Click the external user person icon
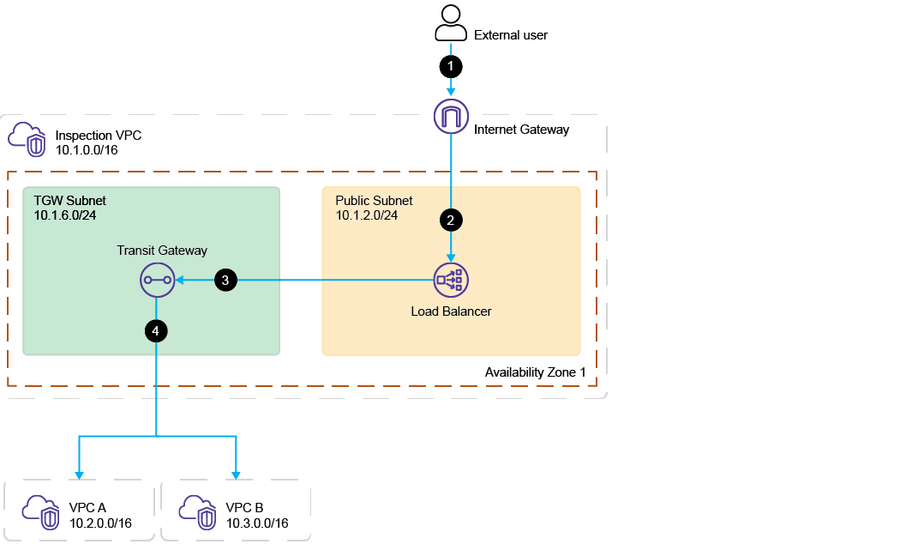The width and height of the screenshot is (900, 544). tap(451, 23)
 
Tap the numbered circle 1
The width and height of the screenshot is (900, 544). tap(451, 65)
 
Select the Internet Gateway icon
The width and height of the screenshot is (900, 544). tap(451, 117)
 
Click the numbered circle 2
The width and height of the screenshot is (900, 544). tap(451, 220)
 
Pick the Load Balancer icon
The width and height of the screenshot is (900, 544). tap(452, 279)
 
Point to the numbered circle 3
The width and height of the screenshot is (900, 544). tap(225, 279)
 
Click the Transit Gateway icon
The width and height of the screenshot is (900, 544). tap(156, 279)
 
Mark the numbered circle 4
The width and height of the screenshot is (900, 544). tap(156, 330)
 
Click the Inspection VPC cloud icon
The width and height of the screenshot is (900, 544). tap(27, 140)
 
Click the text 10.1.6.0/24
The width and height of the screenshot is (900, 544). tap(65, 215)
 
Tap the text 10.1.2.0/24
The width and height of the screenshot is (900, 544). tap(367, 215)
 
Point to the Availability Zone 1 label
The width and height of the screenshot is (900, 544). tap(536, 372)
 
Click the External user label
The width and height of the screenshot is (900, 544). tap(511, 35)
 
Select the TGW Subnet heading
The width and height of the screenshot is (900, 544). tap(70, 200)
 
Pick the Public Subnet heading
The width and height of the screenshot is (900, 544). tap(374, 200)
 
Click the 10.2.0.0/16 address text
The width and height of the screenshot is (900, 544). tap(101, 523)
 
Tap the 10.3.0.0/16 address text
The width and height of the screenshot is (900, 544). tap(257, 523)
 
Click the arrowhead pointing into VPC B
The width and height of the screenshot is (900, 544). tap(235, 474)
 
